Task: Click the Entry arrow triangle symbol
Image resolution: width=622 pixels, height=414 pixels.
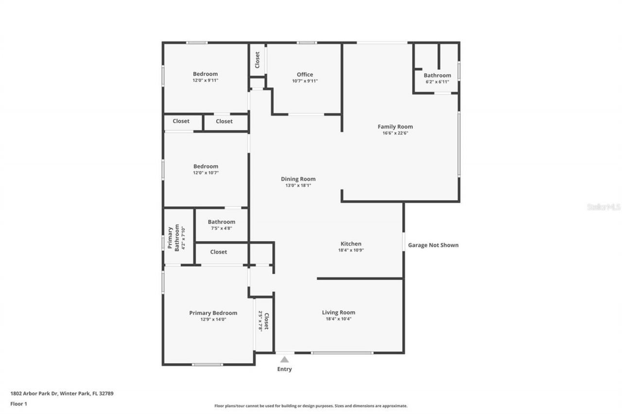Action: click(x=284, y=359)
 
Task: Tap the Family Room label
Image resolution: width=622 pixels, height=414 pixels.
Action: click(x=395, y=127)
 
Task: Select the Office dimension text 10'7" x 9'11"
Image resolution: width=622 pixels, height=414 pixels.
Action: click(x=305, y=81)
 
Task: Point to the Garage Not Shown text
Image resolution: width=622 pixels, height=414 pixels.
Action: click(x=433, y=245)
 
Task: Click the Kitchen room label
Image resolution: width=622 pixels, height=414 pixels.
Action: click(x=350, y=244)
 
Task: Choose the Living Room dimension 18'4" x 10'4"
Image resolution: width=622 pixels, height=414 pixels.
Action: click(x=338, y=319)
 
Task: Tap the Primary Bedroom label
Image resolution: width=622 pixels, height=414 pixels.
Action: click(x=213, y=313)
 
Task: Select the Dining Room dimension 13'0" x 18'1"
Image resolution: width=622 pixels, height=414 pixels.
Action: click(x=298, y=185)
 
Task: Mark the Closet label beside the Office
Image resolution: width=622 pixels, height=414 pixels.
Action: click(x=257, y=60)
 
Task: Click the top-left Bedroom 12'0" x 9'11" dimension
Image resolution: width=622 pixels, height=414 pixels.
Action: click(x=205, y=81)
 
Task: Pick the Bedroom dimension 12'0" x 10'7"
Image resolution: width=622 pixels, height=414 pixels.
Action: click(x=205, y=172)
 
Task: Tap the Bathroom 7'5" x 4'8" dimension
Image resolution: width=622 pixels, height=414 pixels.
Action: click(x=221, y=228)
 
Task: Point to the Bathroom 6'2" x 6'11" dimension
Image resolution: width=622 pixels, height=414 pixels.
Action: click(x=437, y=82)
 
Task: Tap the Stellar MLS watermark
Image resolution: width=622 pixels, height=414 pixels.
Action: click(x=604, y=207)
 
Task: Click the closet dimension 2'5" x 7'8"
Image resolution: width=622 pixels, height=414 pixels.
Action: click(x=260, y=321)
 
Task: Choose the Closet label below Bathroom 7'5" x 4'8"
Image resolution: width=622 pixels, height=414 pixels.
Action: click(x=218, y=252)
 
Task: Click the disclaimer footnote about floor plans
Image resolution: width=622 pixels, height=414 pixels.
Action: click(x=311, y=406)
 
